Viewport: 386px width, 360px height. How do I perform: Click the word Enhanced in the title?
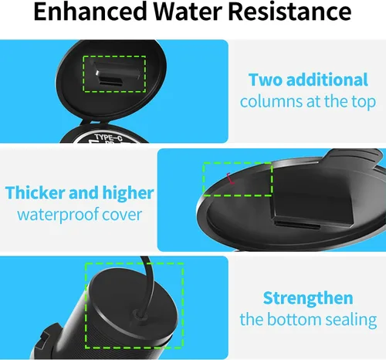[x=90, y=12]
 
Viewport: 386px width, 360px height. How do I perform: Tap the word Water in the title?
[x=188, y=12]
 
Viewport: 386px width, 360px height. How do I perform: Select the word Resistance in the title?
[x=289, y=12]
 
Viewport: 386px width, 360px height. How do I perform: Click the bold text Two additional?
[x=308, y=80]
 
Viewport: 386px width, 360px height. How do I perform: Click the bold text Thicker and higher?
[x=80, y=192]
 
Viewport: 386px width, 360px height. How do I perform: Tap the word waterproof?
[x=58, y=215]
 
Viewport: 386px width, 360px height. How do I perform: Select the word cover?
[x=122, y=216]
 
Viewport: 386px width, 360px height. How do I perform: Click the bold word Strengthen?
[x=308, y=298]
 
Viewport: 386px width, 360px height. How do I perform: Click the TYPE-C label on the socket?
[x=108, y=138]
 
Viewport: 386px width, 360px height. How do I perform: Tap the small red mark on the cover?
[x=231, y=178]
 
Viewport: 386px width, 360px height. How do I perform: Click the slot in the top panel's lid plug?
[x=110, y=83]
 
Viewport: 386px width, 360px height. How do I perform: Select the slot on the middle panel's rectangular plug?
[x=297, y=225]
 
